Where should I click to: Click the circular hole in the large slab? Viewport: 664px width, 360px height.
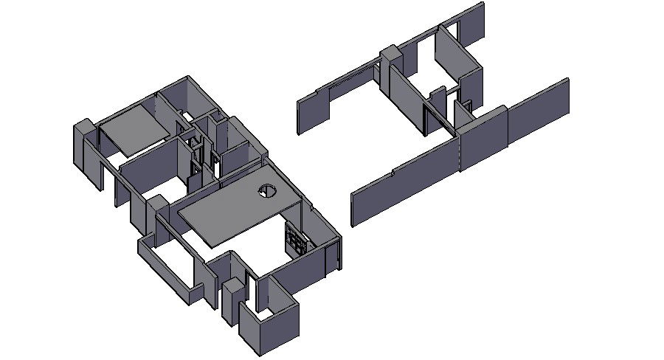[x=266, y=192]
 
